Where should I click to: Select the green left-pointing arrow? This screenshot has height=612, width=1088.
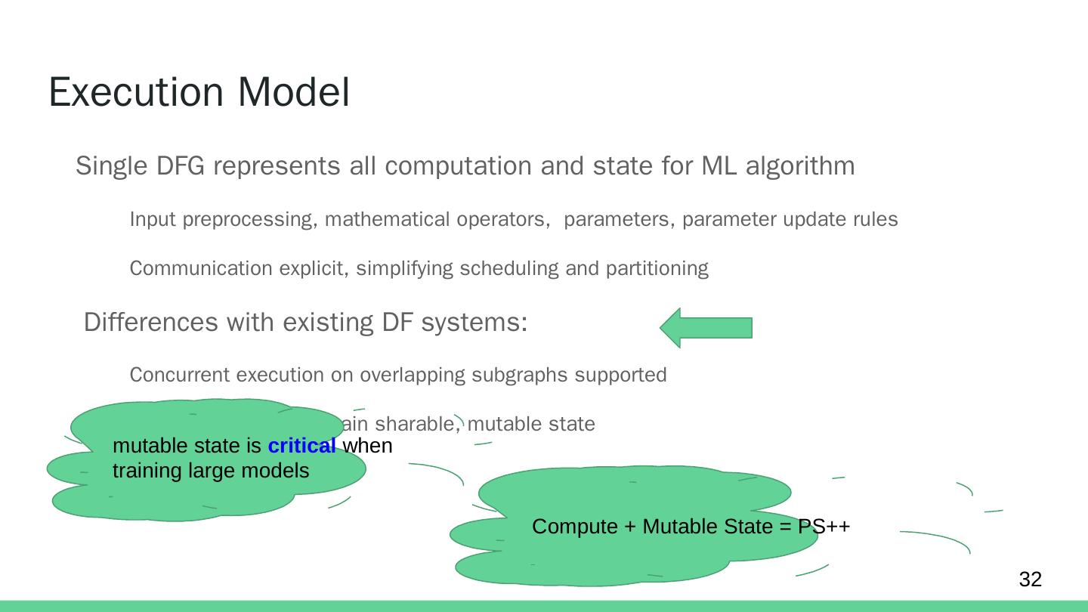(706, 328)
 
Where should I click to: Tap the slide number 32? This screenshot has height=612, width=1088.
(1030, 580)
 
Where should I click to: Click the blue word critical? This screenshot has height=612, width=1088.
(301, 446)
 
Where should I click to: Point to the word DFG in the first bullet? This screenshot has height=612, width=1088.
(181, 165)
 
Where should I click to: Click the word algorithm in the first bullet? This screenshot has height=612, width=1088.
(800, 165)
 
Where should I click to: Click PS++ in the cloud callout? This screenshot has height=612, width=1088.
(824, 526)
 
